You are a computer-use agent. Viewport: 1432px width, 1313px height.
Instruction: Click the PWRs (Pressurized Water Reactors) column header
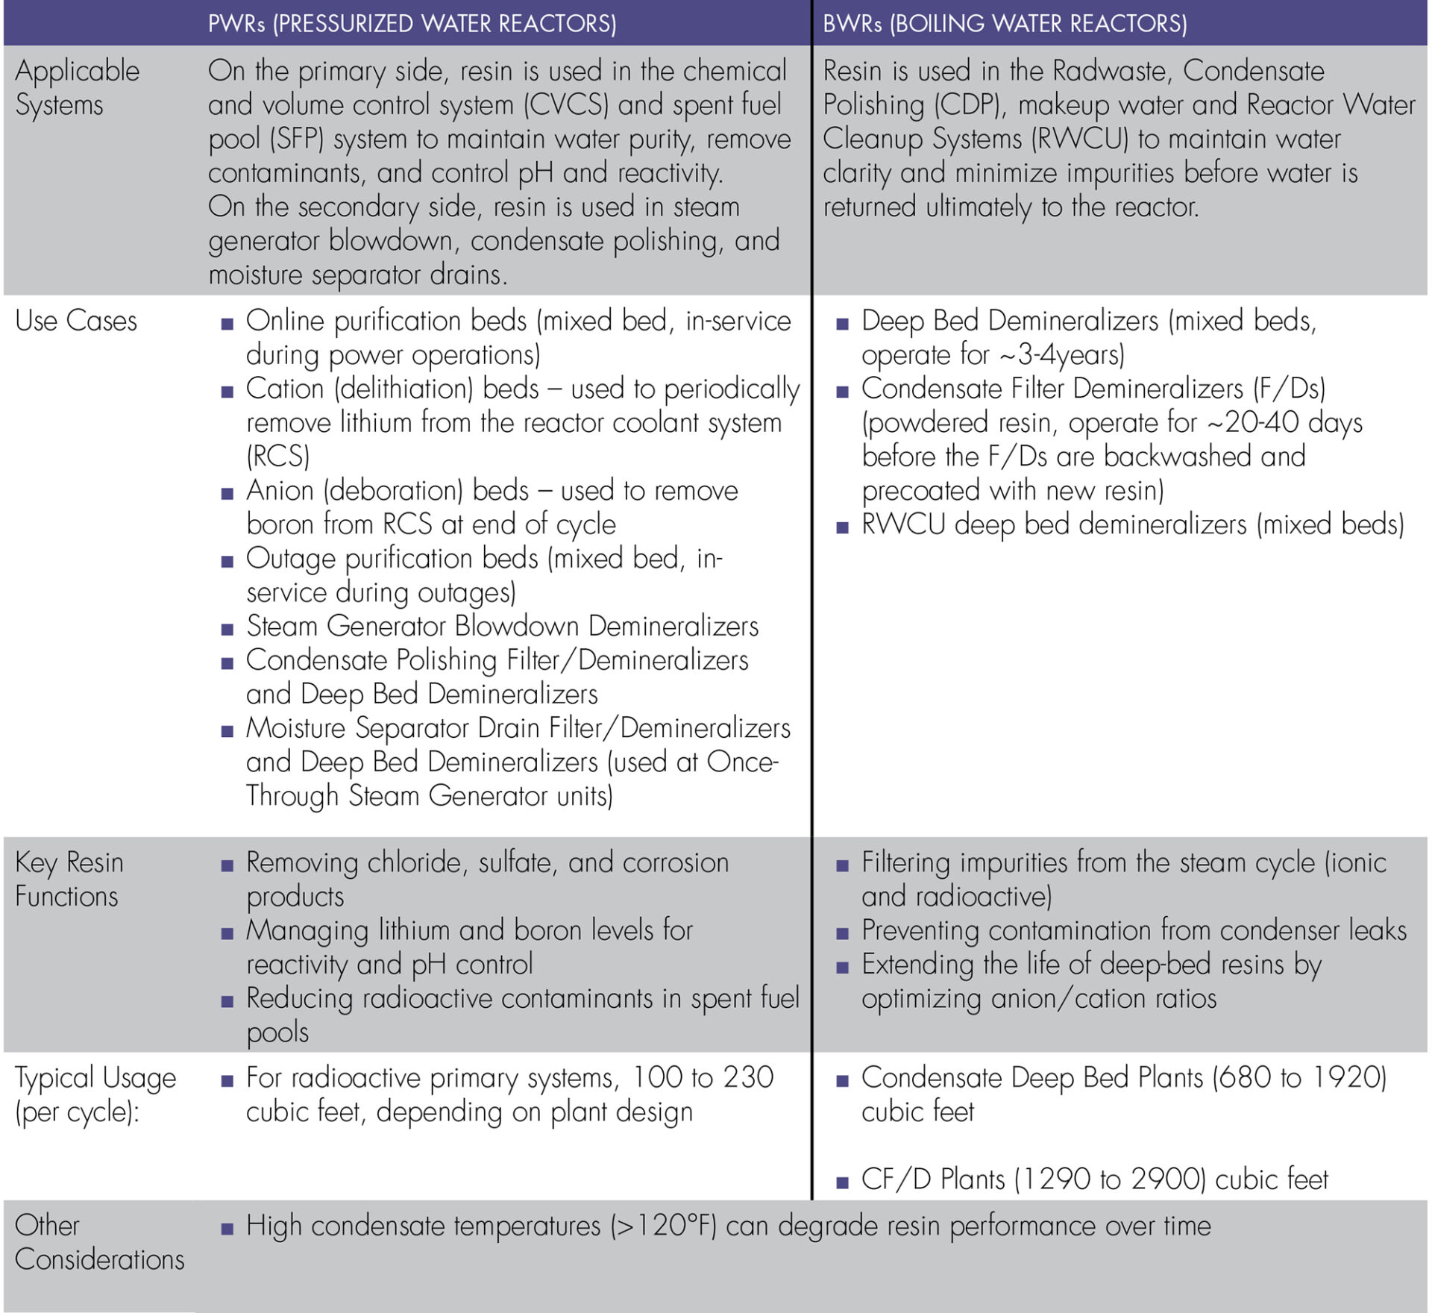pos(412,24)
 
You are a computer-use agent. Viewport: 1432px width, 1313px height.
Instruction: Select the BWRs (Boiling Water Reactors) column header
pos(1005,24)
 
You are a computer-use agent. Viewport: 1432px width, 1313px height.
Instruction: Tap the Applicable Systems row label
pos(77,88)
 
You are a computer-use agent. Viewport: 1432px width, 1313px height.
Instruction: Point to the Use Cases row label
pos(76,321)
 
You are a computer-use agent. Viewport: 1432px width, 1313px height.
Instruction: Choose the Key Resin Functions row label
pos(69,879)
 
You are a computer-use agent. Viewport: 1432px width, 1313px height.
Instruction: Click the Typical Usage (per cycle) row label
pos(95,1094)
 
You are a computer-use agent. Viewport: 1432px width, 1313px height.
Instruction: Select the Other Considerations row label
pos(99,1242)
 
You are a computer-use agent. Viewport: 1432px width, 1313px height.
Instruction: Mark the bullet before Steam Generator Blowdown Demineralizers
pos(227,629)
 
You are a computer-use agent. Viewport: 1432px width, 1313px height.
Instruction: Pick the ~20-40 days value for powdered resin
pos(1284,423)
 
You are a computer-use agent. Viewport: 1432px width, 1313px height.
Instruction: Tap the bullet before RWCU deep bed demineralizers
pos(843,527)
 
